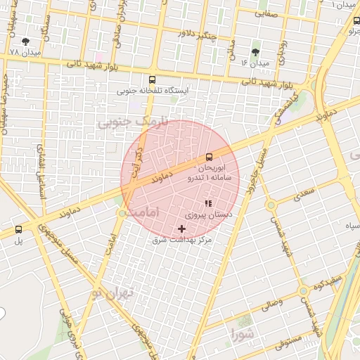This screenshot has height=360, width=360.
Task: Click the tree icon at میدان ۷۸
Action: coord(26,42)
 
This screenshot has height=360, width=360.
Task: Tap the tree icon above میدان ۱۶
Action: coord(255,51)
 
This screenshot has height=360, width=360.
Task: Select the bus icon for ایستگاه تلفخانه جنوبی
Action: coord(153,79)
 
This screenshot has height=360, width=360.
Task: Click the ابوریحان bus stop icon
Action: coord(209,157)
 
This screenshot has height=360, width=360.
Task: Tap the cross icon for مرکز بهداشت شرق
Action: coord(182,229)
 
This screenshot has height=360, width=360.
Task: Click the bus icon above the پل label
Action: coord(18,229)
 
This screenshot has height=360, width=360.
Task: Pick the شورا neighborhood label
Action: coord(240,333)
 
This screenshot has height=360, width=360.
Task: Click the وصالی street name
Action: coord(271,304)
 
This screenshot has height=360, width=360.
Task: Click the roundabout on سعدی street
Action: coord(271,205)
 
